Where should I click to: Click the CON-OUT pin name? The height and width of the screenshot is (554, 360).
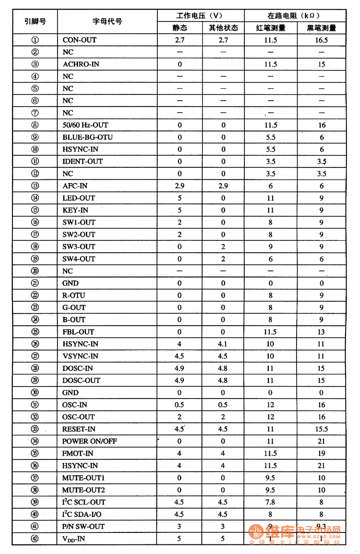(x=79, y=40)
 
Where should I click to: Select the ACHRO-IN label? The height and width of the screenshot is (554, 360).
(x=81, y=64)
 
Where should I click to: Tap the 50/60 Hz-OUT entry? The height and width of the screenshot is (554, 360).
(x=85, y=125)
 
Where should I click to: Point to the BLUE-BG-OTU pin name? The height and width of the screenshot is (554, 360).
(x=87, y=137)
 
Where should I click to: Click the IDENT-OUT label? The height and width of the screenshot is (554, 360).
(x=82, y=161)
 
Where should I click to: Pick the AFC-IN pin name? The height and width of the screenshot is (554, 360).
(x=75, y=186)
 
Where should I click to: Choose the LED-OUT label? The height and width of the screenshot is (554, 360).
(x=78, y=198)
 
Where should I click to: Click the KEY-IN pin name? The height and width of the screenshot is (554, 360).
(x=75, y=210)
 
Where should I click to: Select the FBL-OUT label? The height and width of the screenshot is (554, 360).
(x=78, y=331)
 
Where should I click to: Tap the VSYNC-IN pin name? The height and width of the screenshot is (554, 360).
(x=80, y=356)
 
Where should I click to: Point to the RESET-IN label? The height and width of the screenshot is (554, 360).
(x=79, y=429)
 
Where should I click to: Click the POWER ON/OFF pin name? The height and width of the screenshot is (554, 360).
(x=89, y=441)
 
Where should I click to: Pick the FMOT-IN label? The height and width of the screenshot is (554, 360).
(x=77, y=453)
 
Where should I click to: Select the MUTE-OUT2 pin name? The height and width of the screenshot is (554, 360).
(x=83, y=490)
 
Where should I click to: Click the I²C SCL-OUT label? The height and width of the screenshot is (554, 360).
(x=84, y=502)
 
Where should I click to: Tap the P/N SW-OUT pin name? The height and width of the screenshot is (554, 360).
(x=83, y=526)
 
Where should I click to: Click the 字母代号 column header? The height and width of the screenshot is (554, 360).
(x=107, y=22)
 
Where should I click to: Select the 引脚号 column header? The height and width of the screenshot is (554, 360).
(x=35, y=22)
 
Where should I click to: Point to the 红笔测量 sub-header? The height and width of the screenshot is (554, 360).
(x=271, y=28)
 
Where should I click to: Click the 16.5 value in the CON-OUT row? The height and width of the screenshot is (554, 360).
(x=322, y=40)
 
